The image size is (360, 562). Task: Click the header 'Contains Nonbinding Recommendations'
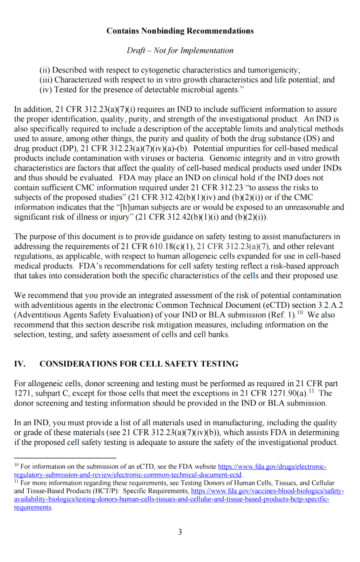tap(180, 31)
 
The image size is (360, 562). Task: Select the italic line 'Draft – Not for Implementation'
tap(180, 51)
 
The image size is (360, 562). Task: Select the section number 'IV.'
tap(20, 364)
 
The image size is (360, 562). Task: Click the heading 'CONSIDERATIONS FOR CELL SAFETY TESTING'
tap(139, 364)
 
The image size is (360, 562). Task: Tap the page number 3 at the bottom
tap(180, 532)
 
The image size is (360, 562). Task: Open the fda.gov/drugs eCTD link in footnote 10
tap(272, 467)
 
